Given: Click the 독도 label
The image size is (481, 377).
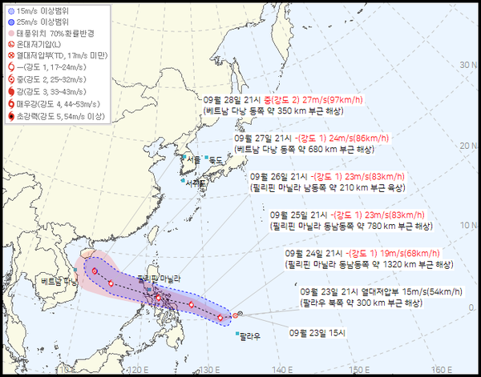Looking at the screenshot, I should click(215, 159).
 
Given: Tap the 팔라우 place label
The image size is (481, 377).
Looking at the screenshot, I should click(250, 336).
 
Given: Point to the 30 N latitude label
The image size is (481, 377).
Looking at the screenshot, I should click(464, 66).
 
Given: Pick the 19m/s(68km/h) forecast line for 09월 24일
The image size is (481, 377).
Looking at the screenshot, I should click(370, 253).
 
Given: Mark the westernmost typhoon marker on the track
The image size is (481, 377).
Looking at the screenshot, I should click(95, 271).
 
